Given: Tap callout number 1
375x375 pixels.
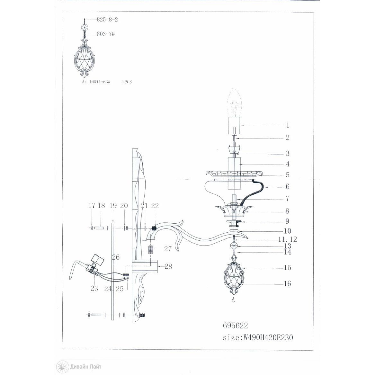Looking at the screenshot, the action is [288, 125].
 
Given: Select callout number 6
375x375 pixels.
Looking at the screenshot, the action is [288, 187].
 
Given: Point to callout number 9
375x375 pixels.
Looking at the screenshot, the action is [288, 221].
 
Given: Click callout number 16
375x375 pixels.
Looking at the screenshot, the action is [288, 283].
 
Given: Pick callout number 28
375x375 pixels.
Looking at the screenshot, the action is [168, 266].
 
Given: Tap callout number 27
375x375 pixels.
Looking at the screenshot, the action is [168, 249].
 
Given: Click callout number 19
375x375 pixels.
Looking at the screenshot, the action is [113, 205].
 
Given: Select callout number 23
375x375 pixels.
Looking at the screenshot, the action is [94, 289].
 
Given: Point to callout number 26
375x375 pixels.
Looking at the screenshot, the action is [116, 257].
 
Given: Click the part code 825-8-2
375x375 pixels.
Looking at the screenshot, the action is [107, 20].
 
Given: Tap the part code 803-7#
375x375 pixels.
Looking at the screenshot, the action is [106, 34].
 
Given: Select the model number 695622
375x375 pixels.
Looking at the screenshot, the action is [235, 326].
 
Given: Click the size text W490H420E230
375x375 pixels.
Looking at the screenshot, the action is [268, 337].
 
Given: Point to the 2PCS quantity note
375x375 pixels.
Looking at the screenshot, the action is [127, 82].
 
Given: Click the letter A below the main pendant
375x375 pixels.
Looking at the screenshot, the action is [233, 299].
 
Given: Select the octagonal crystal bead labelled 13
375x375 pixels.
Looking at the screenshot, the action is [233, 246].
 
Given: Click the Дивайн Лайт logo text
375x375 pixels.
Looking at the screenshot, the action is [85, 366].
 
